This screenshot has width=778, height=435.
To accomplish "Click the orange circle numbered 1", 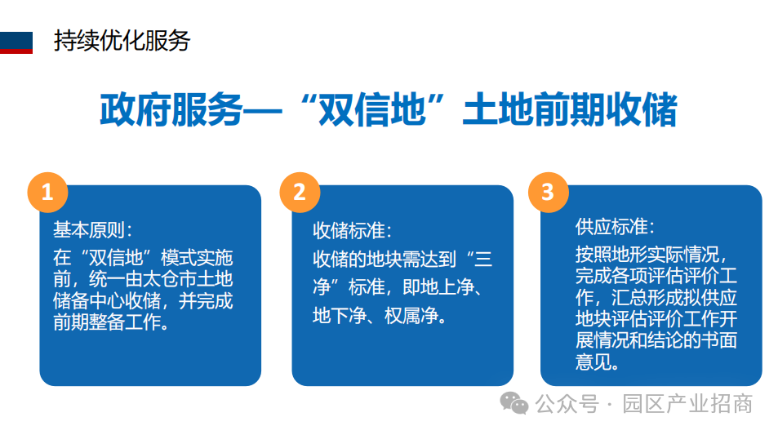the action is [47, 192].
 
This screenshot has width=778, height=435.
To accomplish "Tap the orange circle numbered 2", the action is [300, 192].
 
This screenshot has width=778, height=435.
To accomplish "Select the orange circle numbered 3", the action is [549, 192].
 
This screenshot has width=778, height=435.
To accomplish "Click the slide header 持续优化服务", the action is [122, 41].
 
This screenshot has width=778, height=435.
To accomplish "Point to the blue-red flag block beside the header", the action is [16, 42].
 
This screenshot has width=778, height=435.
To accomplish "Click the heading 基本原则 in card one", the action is [89, 229].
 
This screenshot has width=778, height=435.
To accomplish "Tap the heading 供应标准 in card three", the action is [611, 227].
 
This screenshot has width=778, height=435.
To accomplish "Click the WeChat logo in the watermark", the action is [514, 402].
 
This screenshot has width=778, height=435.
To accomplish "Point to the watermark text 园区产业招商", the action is [687, 404].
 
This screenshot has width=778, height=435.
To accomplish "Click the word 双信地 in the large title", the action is [371, 109].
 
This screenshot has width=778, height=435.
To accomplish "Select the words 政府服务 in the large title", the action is [171, 109].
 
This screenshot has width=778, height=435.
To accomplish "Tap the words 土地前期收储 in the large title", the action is [570, 109].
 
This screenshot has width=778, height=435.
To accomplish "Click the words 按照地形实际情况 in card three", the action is [647, 255].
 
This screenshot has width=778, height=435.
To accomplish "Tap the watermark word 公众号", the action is [567, 404].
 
